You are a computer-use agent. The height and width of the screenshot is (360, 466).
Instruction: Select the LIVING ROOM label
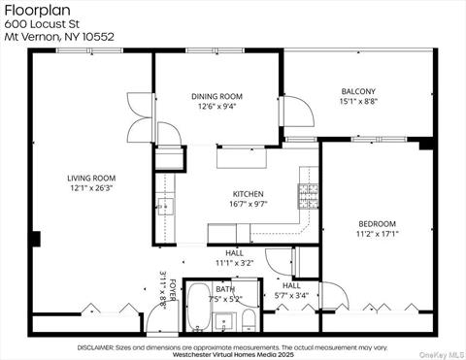[x=91, y=178]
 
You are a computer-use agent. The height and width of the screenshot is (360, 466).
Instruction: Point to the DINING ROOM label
[x=216, y=96]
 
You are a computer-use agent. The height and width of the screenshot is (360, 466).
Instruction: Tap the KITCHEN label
[x=248, y=193]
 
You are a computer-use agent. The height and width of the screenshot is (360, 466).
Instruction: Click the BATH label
[x=225, y=288]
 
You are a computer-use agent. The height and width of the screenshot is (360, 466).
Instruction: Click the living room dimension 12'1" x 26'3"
[x=91, y=188]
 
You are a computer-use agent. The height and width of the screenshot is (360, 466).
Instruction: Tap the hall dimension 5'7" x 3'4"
[x=291, y=296]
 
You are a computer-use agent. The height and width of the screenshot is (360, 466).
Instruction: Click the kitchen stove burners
[x=308, y=196]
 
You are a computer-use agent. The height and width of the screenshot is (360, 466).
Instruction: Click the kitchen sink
[x=165, y=206]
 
